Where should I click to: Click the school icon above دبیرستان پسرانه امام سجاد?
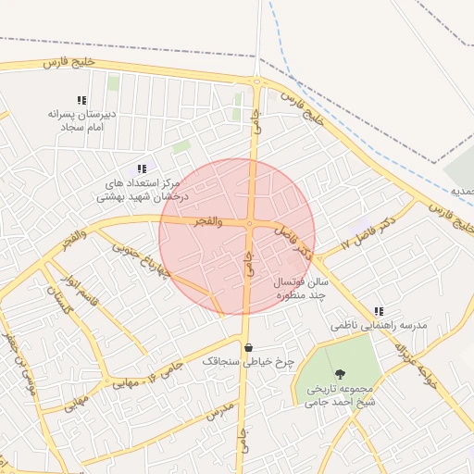click(x=81, y=100)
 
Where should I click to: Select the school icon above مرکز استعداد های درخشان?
click(x=142, y=168)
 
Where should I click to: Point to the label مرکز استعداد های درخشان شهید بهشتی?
click(x=143, y=190)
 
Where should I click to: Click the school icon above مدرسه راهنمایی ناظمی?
click(x=379, y=312)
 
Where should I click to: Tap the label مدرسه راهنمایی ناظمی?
click(x=379, y=327)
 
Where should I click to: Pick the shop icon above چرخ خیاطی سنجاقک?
click(x=248, y=348)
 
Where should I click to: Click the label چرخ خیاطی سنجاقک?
click(x=248, y=363)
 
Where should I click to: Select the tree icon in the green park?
click(x=341, y=374)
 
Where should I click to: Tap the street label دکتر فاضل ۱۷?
click(x=368, y=231)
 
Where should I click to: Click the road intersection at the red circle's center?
click(x=249, y=223)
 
